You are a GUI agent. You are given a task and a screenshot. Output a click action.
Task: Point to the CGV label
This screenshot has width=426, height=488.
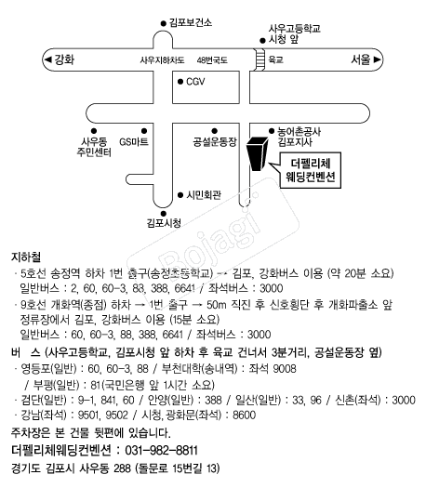[x=194, y=82]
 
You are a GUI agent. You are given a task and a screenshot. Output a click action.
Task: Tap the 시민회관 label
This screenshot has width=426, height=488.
[x=204, y=195]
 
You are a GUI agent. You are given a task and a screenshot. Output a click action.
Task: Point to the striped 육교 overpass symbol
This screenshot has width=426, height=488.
[x=258, y=59]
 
